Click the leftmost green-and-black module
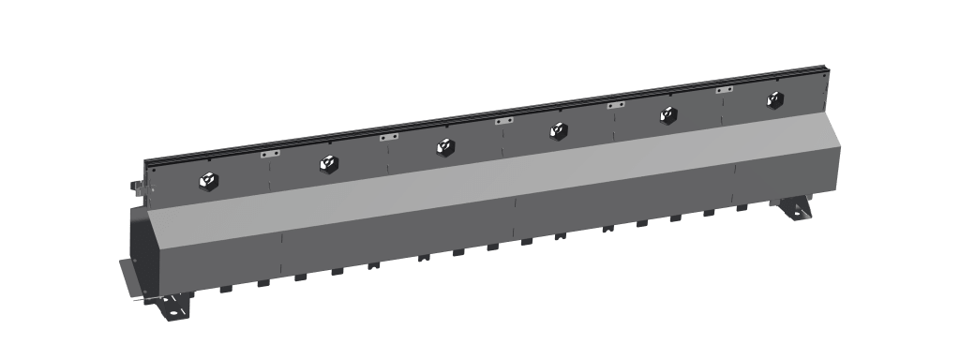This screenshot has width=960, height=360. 206,179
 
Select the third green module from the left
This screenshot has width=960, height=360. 444,146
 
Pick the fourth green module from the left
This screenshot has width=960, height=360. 558,130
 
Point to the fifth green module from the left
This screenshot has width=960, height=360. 667,114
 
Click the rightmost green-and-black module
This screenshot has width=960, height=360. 773,99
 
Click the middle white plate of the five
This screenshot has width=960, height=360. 504,121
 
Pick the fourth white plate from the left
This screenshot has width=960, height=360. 616,105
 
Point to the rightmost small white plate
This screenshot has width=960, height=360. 724,90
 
